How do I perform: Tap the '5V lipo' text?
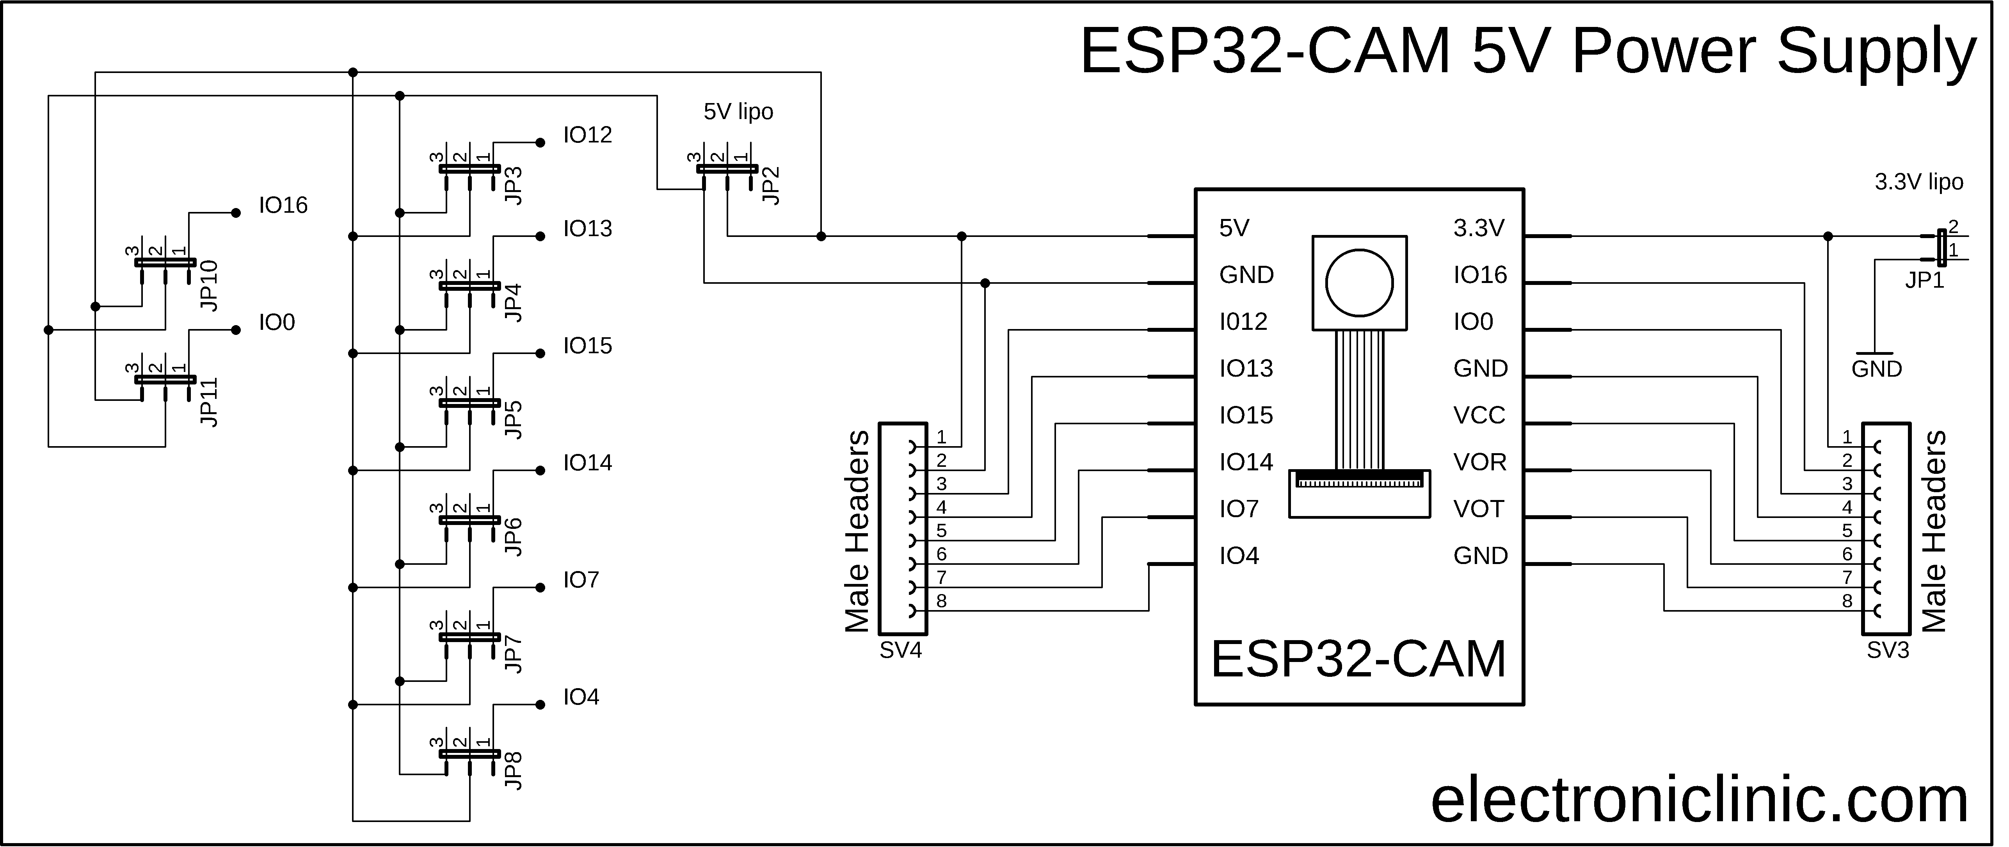738,112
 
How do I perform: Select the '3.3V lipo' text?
1918,183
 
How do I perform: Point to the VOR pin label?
1479,463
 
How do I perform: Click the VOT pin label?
1478,509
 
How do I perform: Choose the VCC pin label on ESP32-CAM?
1479,416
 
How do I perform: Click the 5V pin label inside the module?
1234,228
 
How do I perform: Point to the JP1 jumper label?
1924,281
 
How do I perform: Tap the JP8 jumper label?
513,770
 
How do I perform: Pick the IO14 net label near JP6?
587,463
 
